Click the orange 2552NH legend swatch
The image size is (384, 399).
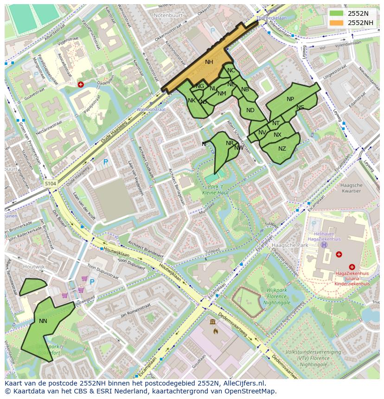337,23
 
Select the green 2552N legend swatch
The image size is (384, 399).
337,13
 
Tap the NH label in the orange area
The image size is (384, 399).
209,62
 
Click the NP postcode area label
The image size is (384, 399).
290,99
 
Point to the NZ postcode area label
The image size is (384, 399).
282,149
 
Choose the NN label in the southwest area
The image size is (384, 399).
43,321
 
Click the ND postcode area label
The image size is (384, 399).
250,110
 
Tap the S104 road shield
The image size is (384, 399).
51,184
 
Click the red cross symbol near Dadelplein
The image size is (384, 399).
81,84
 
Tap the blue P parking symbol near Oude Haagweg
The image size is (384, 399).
106,162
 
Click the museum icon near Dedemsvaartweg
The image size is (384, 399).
212,322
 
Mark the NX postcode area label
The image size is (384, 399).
277,135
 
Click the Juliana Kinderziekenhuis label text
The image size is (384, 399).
352,281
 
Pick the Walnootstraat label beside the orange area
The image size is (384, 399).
151,109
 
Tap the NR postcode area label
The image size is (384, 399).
230,143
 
